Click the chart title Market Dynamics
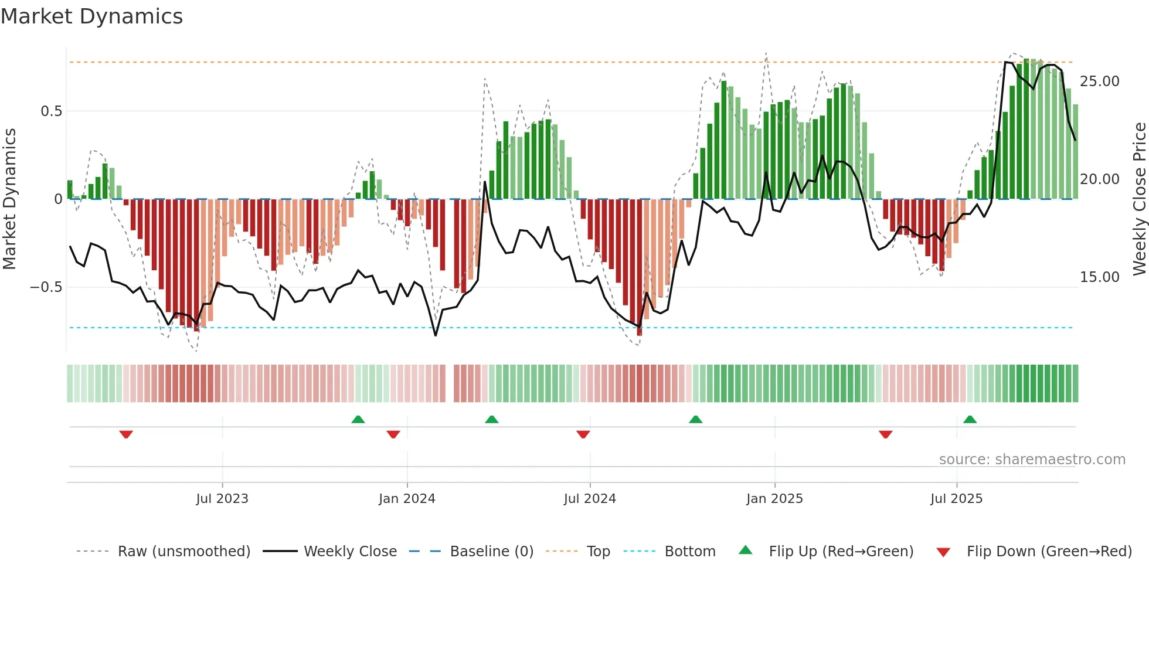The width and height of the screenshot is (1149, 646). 91,16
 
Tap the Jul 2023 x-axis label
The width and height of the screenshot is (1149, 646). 222,499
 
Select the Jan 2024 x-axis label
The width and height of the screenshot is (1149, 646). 407,499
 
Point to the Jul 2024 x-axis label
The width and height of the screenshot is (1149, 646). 590,499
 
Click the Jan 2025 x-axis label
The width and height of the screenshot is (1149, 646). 774,499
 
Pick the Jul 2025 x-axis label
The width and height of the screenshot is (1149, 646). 956,499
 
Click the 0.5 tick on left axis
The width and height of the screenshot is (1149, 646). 51,111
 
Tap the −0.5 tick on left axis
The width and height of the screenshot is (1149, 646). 46,287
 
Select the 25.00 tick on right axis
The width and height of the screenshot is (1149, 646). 1100,81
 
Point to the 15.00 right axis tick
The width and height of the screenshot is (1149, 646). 1100,277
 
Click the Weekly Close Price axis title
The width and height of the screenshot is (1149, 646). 1139,199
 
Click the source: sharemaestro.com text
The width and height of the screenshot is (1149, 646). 1032,460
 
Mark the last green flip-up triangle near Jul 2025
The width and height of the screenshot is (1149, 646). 970,419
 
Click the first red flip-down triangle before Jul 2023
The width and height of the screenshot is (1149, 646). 126,434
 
